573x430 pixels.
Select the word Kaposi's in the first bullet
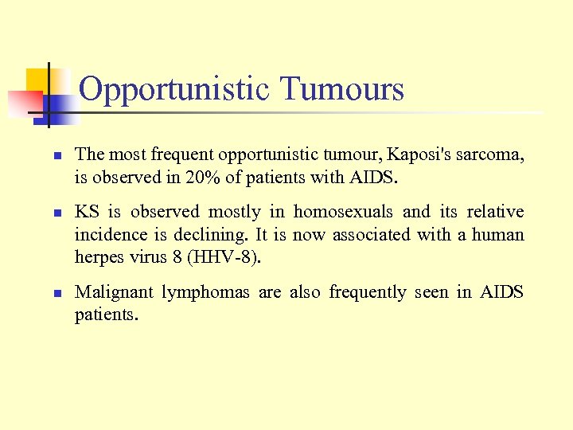click(417, 154)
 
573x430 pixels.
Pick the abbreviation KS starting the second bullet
click(87, 212)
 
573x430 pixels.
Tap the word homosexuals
click(343, 212)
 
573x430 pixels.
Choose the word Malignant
click(114, 292)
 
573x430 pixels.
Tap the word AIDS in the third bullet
click(501, 292)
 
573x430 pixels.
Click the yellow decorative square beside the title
click(37, 80)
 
